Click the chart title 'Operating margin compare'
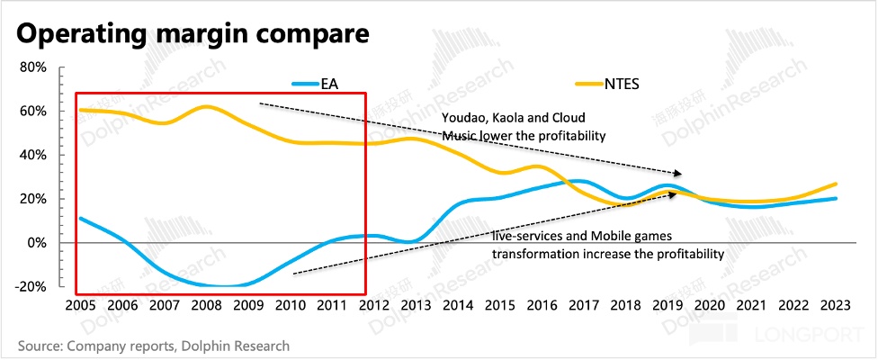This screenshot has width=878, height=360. [x=193, y=35]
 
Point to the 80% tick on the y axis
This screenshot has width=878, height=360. [x=33, y=67]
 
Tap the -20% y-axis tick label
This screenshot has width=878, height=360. [x=31, y=286]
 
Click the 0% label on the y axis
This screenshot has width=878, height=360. [x=37, y=242]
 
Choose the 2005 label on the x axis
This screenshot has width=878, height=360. [x=79, y=306]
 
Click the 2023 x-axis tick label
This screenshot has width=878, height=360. [x=837, y=306]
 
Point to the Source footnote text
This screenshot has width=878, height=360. [x=153, y=345]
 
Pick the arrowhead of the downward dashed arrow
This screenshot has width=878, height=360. [x=678, y=173]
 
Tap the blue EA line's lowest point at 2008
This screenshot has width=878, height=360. [x=216, y=286]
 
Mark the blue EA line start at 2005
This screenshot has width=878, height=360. [x=79, y=218]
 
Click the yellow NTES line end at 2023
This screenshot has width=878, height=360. [x=837, y=184]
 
